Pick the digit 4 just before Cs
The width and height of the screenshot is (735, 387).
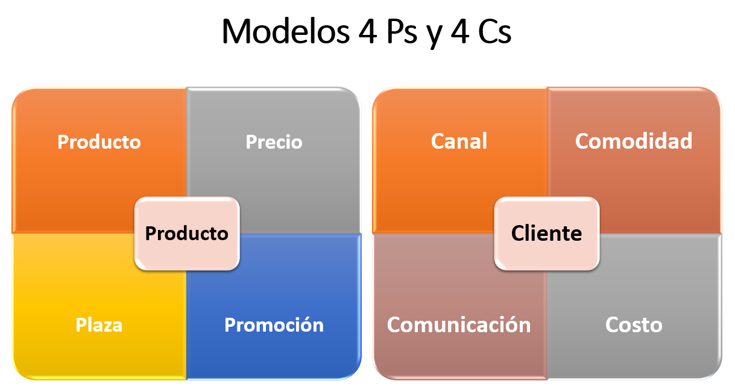(460, 31)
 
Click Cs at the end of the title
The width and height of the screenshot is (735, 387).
(495, 31)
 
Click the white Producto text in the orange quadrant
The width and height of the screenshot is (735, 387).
(99, 142)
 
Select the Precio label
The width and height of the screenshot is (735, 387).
(274, 142)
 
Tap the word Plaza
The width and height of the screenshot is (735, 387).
(99, 325)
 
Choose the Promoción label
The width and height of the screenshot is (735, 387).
(274, 325)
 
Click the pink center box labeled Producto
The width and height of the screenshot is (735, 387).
(187, 234)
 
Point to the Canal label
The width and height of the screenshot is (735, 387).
(459, 141)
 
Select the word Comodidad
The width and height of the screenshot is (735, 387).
(634, 141)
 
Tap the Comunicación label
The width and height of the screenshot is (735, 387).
(459, 325)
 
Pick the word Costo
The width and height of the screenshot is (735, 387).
(634, 325)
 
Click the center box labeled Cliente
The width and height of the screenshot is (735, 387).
(547, 234)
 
